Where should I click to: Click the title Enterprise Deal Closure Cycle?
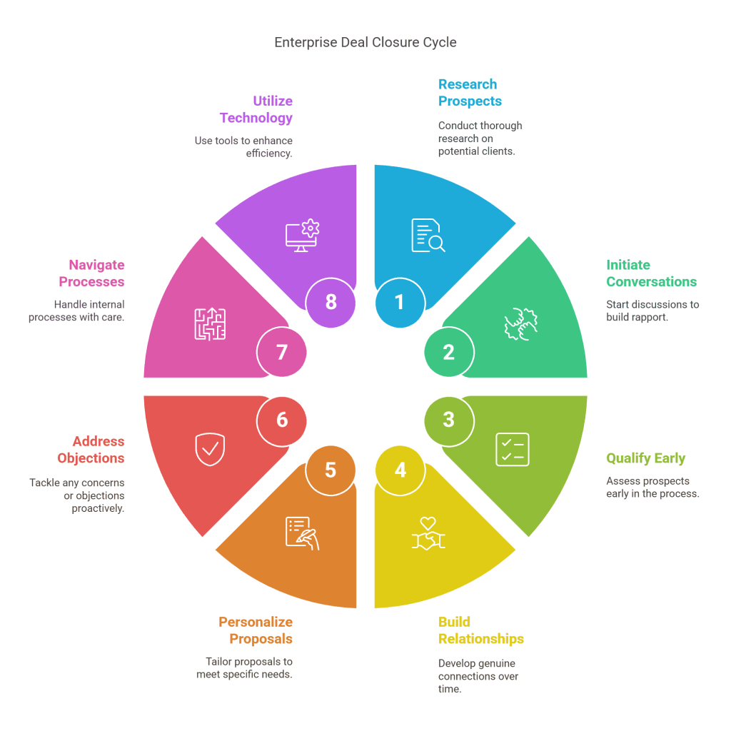click(x=365, y=43)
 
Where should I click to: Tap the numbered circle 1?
click(x=400, y=302)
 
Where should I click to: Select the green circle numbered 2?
click(x=448, y=352)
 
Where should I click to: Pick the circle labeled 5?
click(x=331, y=470)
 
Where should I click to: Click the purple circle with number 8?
click(x=331, y=302)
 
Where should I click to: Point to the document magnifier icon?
click(x=428, y=236)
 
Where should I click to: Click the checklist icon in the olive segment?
click(x=513, y=449)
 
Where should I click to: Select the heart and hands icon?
click(x=428, y=533)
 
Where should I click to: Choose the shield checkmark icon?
click(x=208, y=448)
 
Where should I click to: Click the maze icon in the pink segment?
click(x=210, y=323)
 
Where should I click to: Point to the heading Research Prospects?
click(x=470, y=93)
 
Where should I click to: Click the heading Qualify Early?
click(x=645, y=458)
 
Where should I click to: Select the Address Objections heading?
click(x=99, y=450)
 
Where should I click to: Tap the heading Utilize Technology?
click(x=256, y=109)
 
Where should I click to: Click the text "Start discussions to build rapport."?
click(x=652, y=311)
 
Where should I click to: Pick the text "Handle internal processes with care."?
click(x=77, y=311)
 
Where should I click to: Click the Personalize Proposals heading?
click(x=256, y=630)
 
